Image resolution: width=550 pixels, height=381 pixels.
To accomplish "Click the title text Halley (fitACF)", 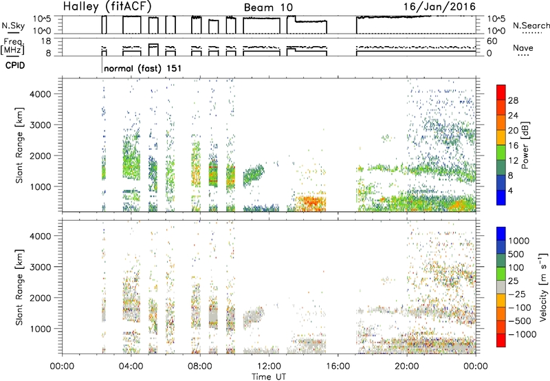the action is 107,7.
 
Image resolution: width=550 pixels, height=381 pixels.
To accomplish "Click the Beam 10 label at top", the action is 268,8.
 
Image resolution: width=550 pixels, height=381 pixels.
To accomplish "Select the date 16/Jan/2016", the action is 439,7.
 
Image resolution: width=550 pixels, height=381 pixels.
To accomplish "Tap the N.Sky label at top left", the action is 13,25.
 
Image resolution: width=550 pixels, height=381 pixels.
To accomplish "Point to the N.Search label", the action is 531,25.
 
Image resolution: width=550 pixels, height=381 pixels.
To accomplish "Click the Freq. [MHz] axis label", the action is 13,47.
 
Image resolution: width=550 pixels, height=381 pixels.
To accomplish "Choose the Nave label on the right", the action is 523,48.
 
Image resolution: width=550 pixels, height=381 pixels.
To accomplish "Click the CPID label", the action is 15,65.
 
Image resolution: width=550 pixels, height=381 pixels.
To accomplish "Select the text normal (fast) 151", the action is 143,68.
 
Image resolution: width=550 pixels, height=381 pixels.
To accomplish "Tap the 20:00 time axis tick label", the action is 406,367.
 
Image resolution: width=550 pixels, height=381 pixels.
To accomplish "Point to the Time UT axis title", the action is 269,377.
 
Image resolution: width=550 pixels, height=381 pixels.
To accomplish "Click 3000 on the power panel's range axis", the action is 40,125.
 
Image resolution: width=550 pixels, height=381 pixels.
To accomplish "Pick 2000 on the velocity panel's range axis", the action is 40,298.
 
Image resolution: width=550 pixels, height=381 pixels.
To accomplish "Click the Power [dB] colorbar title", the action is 525,145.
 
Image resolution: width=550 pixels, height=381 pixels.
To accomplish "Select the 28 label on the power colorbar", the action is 513,100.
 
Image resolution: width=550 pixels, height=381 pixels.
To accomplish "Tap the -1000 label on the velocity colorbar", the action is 522,334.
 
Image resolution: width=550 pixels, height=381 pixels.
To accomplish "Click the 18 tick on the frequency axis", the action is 46,41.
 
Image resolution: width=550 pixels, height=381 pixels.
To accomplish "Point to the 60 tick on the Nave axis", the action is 492,41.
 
